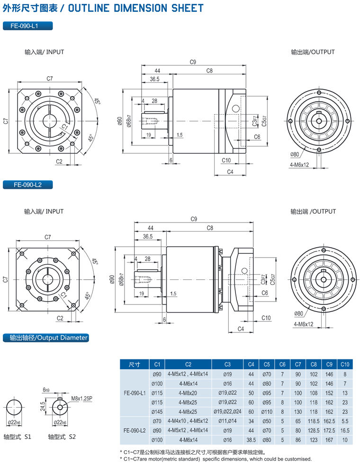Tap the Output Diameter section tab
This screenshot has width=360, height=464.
coord(45,338)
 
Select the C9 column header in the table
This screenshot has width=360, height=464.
coord(329,364)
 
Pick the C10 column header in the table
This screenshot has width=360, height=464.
coord(345,364)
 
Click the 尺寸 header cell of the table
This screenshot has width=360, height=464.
coord(135,364)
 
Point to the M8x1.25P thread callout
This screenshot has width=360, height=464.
coord(82,399)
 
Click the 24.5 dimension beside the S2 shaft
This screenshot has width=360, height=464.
coord(43,406)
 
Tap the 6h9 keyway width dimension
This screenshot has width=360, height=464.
coord(45,390)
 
